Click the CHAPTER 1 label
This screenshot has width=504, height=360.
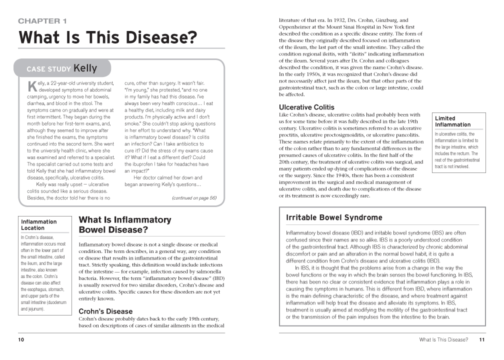pos(42,21)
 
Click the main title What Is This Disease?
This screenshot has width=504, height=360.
pos(107,37)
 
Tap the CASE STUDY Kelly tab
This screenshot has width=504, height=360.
pos(62,68)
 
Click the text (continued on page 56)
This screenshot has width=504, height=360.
pos(194,197)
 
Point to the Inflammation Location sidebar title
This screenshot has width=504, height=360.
pos(38,224)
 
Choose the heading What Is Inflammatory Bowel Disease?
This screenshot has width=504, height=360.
pos(124,224)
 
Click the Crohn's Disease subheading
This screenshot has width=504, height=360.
pos(105,311)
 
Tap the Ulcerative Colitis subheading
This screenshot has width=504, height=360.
pos(306,107)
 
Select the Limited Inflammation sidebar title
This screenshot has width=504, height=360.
pos(452,121)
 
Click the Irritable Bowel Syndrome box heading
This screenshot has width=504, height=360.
pos(334,217)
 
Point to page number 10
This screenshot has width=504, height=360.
pos(21,340)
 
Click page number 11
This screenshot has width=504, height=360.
pos(481,340)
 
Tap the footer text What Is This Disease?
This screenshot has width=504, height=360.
pos(443,340)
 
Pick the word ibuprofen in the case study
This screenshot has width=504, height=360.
pos(144,164)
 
